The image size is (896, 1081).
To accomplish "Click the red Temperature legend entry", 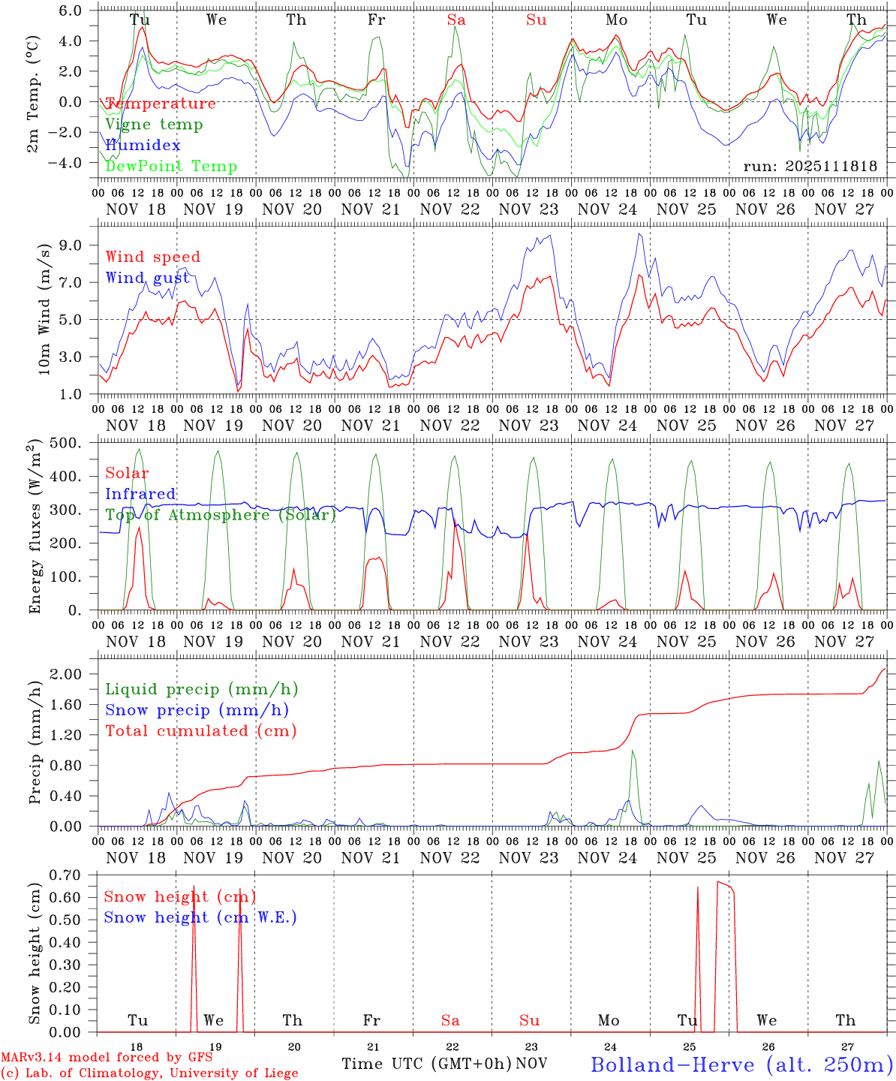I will [160, 104].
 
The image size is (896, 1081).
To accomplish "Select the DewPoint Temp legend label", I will [170, 166].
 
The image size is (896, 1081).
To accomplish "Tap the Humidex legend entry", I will [143, 145].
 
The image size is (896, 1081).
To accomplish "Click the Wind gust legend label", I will [147, 278].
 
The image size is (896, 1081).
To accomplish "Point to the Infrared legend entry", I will [140, 494].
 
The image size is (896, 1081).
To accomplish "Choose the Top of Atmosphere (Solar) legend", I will [220, 515].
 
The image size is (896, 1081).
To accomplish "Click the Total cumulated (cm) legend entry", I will [200, 730].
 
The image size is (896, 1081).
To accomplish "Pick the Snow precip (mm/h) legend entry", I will [197, 710].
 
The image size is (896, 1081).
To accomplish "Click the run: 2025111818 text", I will [810, 166].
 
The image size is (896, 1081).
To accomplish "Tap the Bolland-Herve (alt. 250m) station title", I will [741, 1064].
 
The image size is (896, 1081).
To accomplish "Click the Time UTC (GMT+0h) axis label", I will [427, 1064].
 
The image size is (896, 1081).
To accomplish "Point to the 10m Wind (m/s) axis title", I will [44, 309].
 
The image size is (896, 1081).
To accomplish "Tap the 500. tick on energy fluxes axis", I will [74, 443].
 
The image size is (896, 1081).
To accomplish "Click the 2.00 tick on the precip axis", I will [74, 674].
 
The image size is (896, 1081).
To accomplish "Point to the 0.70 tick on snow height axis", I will [74, 875].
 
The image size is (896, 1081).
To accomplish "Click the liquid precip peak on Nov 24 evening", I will [633, 751].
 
